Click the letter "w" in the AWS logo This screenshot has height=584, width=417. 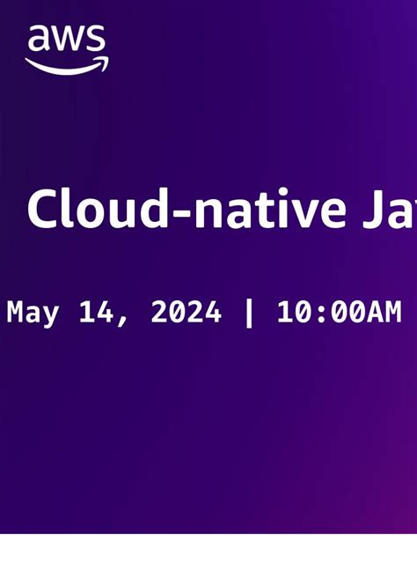68,41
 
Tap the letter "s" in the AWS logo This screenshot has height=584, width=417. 96,41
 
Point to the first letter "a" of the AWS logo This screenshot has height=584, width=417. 38,41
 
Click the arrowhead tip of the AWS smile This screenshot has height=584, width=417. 105,63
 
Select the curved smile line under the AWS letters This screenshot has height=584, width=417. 62,68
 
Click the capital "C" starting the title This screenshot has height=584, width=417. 41,210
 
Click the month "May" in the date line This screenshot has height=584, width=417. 33,313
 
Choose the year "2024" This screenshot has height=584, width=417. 186,312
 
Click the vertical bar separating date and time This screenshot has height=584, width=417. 249,312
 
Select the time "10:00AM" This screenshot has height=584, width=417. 339,312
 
